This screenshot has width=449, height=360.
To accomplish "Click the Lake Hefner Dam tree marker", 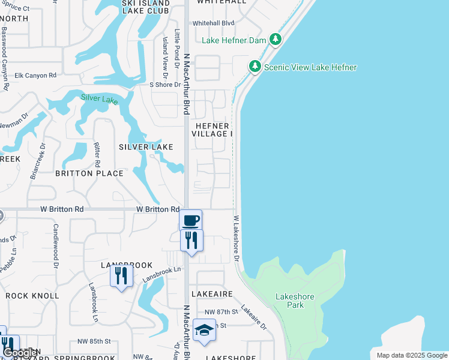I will [276, 40].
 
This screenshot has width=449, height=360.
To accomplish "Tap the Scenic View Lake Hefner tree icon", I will [255, 67].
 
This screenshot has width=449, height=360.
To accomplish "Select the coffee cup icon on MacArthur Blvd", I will [191, 220].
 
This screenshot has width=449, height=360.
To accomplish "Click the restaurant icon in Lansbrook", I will [122, 275].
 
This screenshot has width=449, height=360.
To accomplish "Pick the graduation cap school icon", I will [204, 330].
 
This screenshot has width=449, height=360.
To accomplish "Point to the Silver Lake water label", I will [100, 100].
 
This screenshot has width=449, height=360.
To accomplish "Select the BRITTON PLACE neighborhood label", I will [89, 173].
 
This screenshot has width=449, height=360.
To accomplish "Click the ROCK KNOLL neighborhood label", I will [32, 296].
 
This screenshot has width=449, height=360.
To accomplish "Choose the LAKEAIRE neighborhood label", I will [212, 295].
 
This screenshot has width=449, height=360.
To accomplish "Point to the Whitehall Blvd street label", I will [213, 23].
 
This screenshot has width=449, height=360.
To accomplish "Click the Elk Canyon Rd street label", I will [35, 75].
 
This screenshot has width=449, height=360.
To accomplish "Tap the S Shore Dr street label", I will [165, 85].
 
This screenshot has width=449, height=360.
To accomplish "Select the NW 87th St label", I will [217, 313].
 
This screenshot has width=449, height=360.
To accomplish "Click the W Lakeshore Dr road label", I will [236, 239].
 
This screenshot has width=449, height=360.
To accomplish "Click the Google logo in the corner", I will [20, 353].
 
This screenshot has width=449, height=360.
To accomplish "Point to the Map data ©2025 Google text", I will [412, 355].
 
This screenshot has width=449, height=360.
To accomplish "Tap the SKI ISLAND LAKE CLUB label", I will [146, 7].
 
